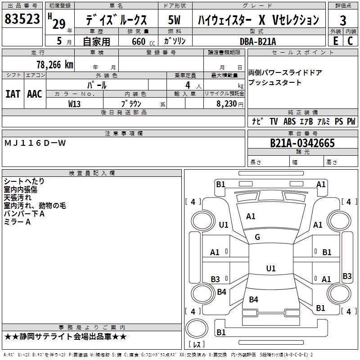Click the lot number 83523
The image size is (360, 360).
pos(22,18)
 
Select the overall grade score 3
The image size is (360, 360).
pos(343,20)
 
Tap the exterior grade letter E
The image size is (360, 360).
pos(336,41)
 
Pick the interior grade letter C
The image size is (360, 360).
pos(351,41)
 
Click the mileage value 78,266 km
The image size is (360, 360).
pos(55,65)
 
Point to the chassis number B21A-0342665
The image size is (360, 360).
pos(302,143)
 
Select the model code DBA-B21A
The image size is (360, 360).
pos(258,41)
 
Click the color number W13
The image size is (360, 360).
pos(74,104)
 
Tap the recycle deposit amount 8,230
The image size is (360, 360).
pos(227,104)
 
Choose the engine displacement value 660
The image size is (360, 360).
pos(139,41)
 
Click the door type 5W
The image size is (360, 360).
pos(174,20)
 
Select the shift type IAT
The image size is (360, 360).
pos(13,94)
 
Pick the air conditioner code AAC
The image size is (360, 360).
pos(35,94)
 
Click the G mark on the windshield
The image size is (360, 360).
pos(257,237)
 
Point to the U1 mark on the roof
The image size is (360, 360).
pos(271,268)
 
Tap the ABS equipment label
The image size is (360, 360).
pos(289,121)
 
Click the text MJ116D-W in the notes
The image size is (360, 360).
pos(35,143)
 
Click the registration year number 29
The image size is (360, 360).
pos(59,24)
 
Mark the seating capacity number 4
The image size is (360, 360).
pos(188,85)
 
